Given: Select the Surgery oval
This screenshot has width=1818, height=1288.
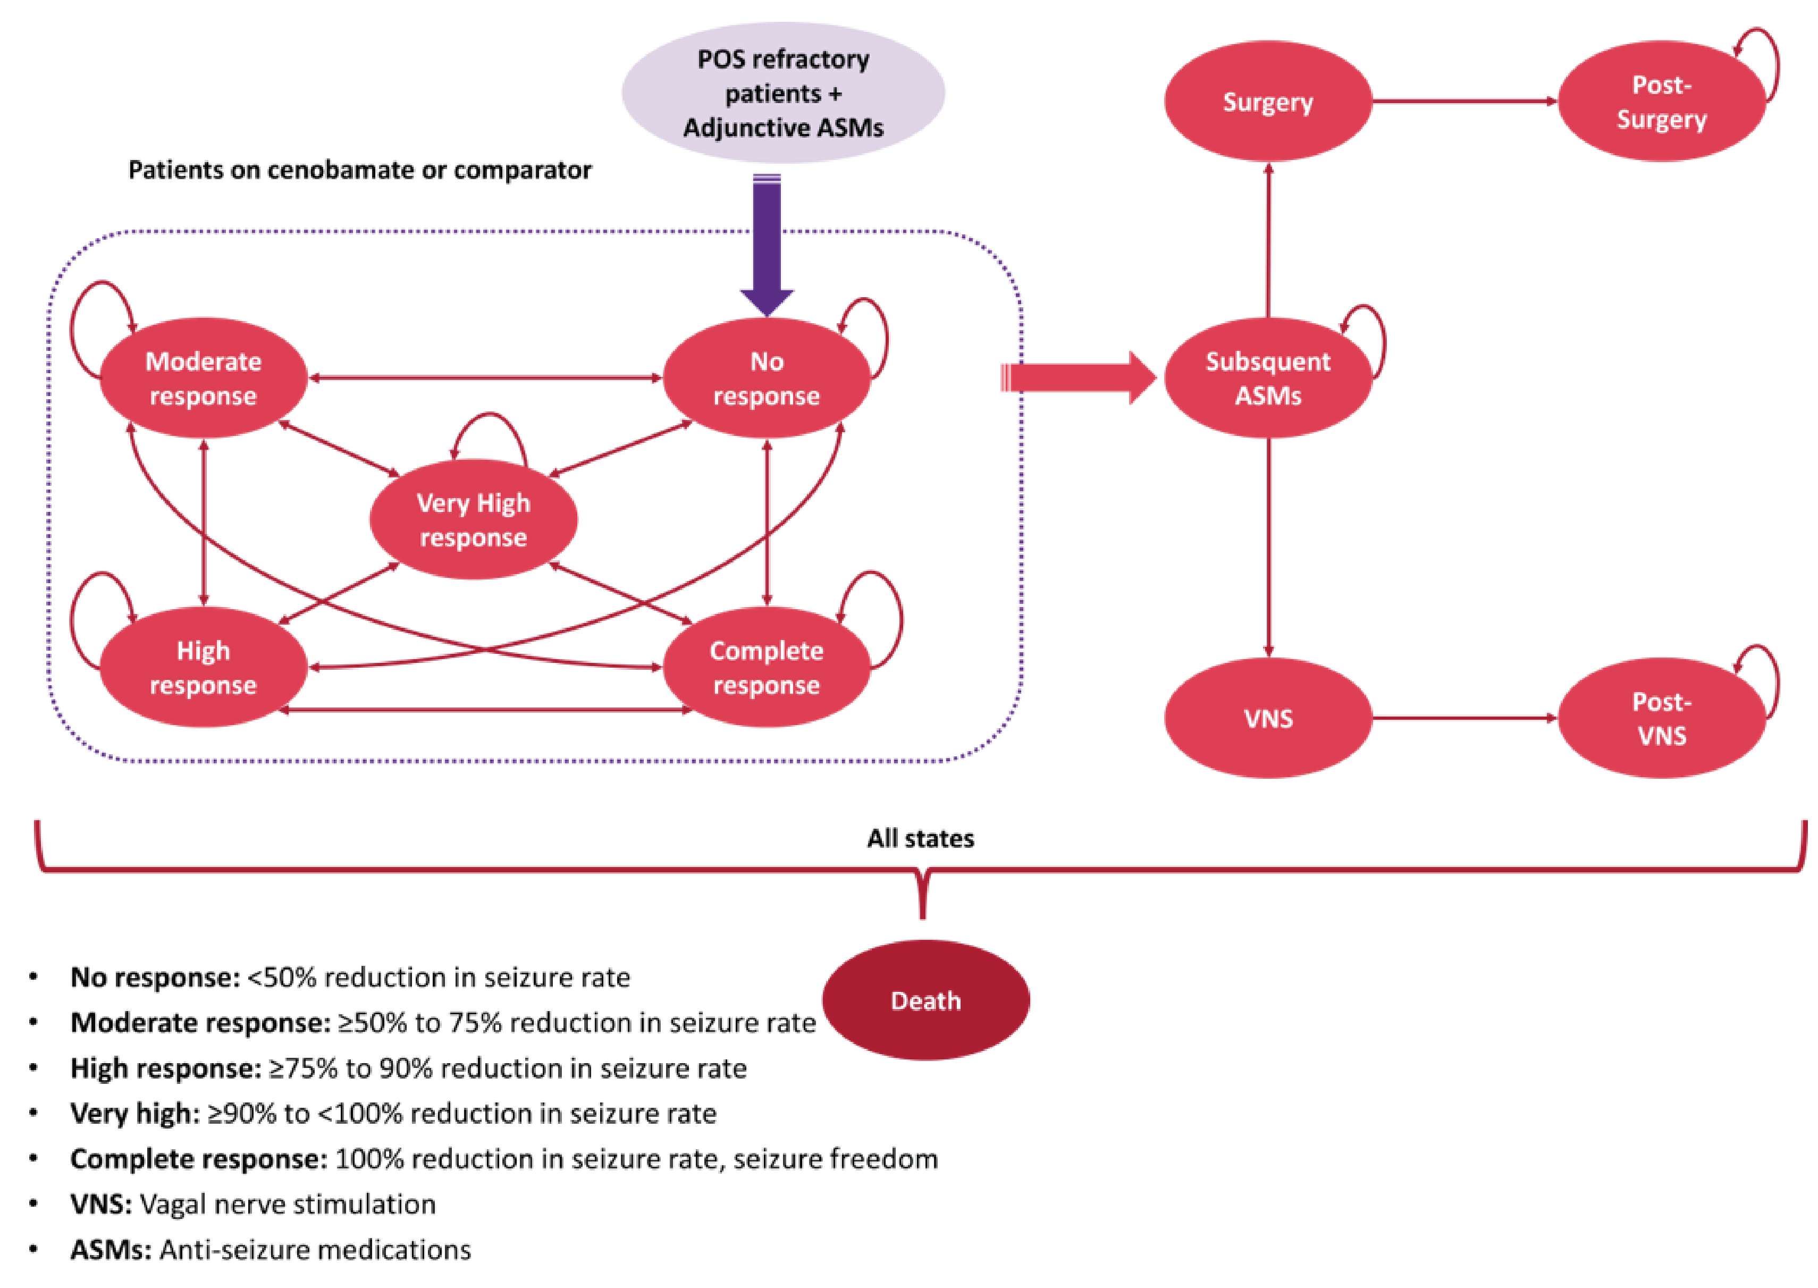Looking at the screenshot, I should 1267,102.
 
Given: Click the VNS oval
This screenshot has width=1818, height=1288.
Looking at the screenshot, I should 1267,719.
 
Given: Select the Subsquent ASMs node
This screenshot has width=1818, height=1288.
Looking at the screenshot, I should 1267,378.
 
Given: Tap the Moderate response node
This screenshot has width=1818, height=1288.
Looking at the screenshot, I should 203,378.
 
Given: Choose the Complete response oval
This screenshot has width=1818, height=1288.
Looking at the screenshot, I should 765,667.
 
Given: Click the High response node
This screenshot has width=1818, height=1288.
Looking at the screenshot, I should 203,667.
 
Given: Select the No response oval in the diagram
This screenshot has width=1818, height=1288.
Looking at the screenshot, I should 765,378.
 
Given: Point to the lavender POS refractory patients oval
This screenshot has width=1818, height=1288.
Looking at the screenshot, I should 783,93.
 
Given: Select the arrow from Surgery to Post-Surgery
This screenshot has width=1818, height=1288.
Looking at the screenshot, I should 1463,102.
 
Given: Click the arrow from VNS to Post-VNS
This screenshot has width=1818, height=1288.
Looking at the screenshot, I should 1463,719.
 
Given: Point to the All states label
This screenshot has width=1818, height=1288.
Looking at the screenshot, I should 920,838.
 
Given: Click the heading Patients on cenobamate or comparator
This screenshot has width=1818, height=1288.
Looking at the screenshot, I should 359,170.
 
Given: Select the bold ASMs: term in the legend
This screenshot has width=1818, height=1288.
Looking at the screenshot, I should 110,1250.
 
